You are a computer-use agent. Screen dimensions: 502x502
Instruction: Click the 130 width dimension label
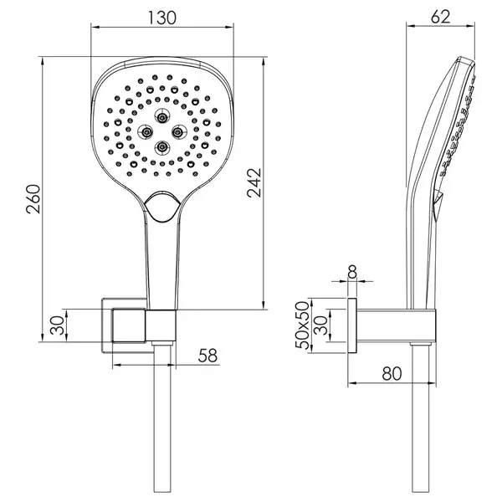click(162, 18)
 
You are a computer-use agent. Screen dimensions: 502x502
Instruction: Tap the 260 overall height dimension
click(33, 199)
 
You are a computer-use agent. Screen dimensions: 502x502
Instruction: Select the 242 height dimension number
click(254, 182)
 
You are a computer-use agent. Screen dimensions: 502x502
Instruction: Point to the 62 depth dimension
click(441, 17)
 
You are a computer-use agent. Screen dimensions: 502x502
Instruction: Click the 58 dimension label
click(207, 356)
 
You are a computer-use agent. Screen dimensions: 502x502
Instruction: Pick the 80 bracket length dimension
click(392, 373)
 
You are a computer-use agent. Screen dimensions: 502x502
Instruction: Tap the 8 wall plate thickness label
click(352, 273)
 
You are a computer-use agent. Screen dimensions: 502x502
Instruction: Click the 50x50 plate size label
click(302, 325)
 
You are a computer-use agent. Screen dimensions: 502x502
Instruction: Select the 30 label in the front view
click(58, 325)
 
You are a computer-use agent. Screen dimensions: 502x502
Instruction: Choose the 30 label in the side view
click(320, 325)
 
